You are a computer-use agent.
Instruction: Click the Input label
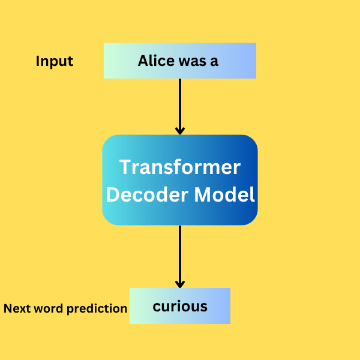(x=55, y=61)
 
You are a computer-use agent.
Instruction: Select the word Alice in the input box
(x=155, y=61)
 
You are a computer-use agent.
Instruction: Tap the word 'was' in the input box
(x=190, y=61)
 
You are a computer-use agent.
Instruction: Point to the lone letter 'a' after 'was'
(x=215, y=62)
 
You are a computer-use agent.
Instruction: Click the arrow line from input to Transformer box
(x=179, y=102)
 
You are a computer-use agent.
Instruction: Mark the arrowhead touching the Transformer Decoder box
(x=179, y=130)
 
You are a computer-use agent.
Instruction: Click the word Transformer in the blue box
(x=180, y=167)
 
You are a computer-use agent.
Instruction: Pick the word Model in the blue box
(x=229, y=194)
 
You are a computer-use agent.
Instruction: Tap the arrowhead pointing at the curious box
(x=179, y=283)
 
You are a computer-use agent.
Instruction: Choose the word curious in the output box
(x=180, y=307)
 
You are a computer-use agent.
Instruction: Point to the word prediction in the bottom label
(x=97, y=310)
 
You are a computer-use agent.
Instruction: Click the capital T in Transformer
(x=125, y=167)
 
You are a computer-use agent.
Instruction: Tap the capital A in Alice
(x=143, y=61)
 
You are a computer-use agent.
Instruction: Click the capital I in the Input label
(x=38, y=61)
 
